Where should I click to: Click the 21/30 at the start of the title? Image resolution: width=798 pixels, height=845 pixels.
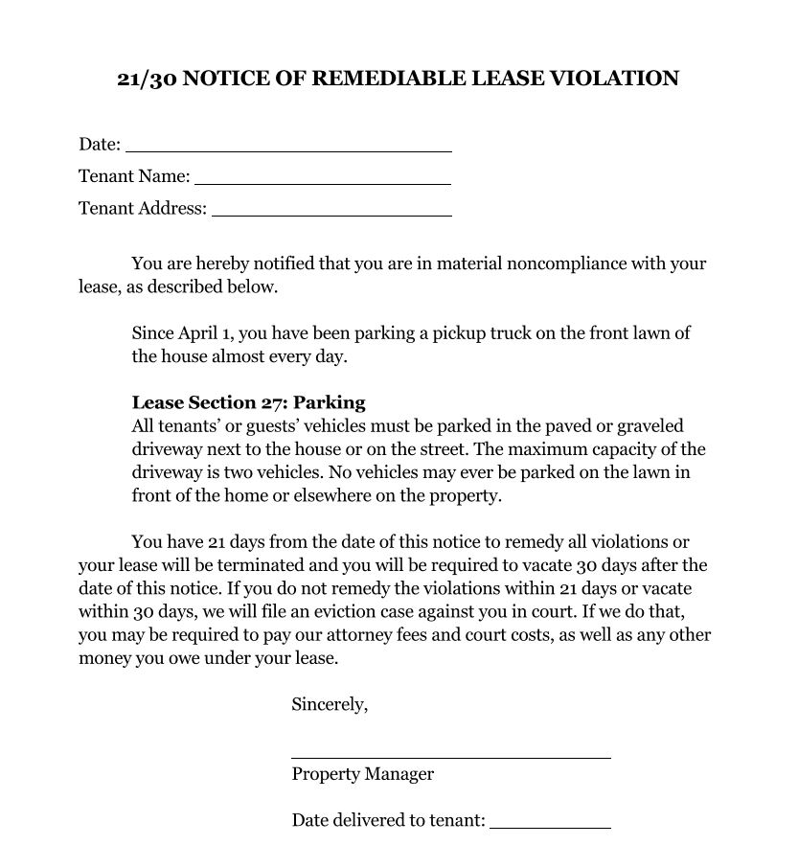146,79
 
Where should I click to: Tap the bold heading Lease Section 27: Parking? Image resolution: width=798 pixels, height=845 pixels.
248,402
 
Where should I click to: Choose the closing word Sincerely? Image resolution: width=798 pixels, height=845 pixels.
329,705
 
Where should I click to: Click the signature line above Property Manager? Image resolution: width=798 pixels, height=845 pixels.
450,757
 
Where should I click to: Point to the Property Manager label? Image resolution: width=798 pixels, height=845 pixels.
362,774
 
